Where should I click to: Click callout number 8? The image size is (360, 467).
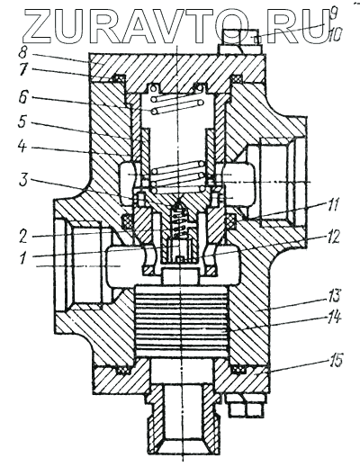[x=22, y=53]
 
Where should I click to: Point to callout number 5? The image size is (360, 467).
[x=24, y=122]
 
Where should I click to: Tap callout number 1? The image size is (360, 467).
[x=24, y=257]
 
